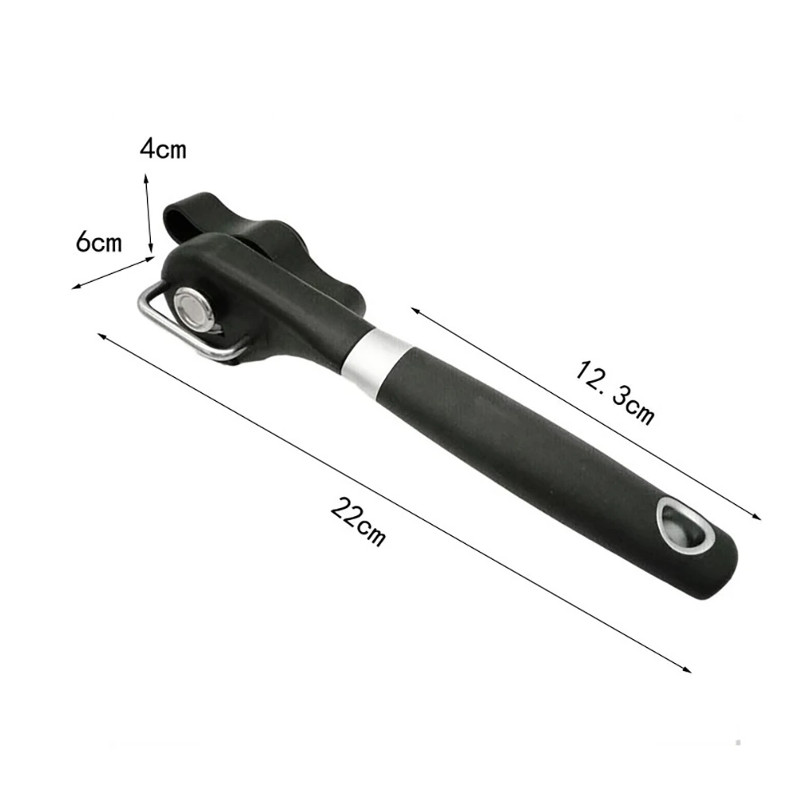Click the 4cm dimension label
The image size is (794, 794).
tap(163, 148)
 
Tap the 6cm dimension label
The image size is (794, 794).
tap(99, 242)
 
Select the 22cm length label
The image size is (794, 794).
tap(358, 522)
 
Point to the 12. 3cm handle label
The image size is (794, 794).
tap(615, 391)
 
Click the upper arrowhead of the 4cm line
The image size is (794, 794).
tap(145, 176)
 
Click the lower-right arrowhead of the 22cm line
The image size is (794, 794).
tap(688, 671)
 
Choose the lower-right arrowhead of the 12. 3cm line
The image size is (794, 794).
tap(759, 518)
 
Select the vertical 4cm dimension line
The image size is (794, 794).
tap(148, 214)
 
